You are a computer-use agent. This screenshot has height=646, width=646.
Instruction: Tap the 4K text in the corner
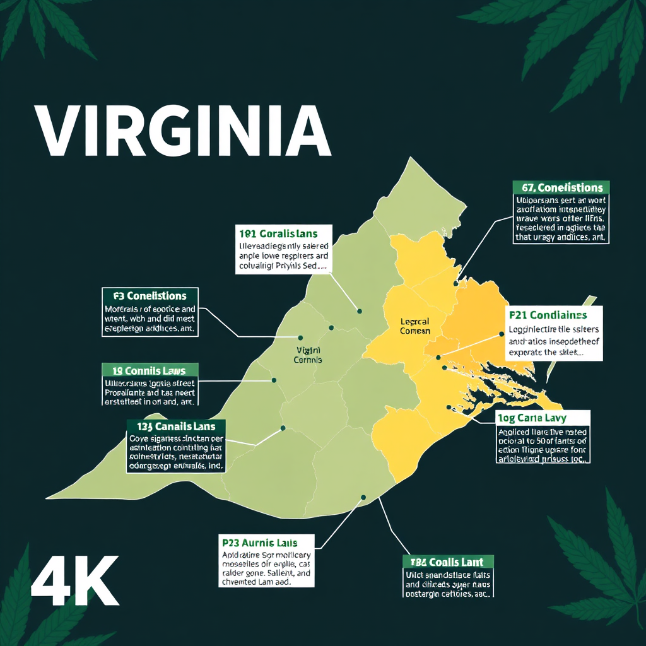coord(74,580)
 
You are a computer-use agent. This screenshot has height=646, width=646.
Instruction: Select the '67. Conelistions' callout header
coord(561,187)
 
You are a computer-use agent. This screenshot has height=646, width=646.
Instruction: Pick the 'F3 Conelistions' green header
coord(150,296)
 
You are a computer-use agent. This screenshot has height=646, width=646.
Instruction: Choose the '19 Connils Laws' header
coord(150,370)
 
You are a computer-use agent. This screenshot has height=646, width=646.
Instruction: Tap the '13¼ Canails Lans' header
coord(176,427)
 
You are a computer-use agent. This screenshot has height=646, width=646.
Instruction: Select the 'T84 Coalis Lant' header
coord(447,562)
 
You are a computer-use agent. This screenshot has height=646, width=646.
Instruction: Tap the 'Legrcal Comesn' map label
coord(416,326)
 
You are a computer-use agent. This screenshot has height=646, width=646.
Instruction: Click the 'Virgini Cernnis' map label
coord(308,355)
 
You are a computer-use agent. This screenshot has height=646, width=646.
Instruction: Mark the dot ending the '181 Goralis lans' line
coord(360,311)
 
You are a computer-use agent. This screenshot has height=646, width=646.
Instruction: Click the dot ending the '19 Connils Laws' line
coord(274,380)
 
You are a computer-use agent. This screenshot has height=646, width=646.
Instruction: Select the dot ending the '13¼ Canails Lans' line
coord(283,428)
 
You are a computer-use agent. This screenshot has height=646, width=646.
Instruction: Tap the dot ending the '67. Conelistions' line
coord(456,284)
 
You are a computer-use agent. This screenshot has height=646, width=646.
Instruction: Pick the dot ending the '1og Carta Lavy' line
coord(448,407)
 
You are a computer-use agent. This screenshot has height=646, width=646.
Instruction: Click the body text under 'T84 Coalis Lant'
coord(447,584)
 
